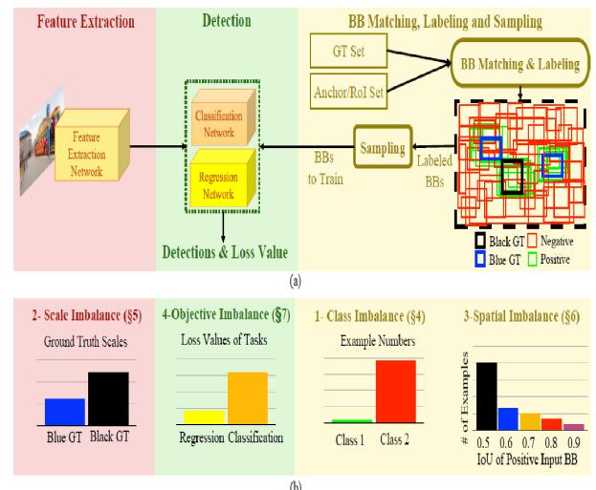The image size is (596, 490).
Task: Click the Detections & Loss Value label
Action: [x=224, y=250]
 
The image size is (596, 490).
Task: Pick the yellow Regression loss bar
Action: [x=204, y=416]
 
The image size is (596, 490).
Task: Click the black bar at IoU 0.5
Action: [x=487, y=393]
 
